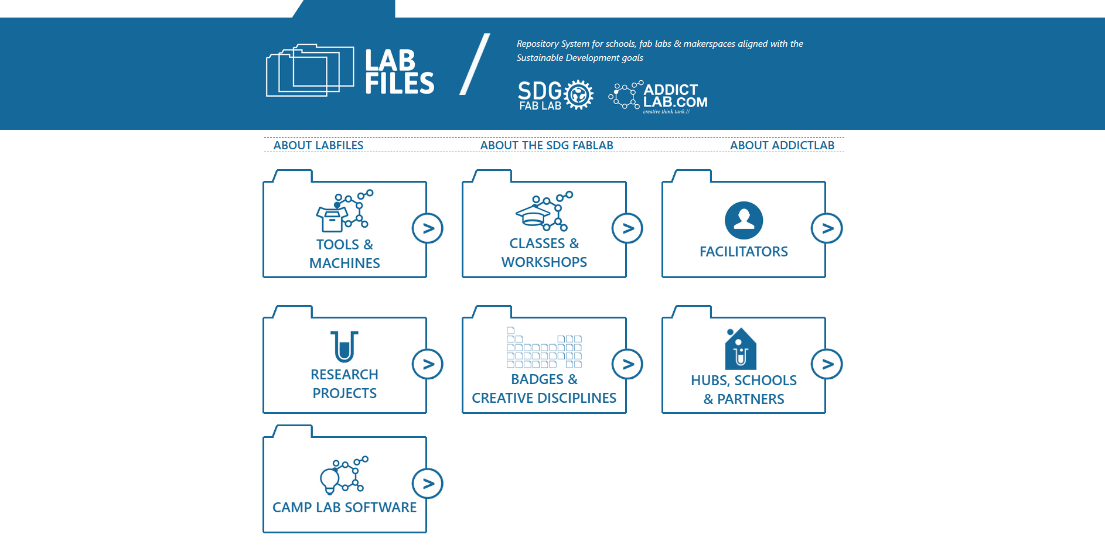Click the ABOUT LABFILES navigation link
click(x=318, y=145)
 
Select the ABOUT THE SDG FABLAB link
click(x=547, y=145)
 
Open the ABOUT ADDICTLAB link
click(x=782, y=145)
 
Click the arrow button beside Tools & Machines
click(x=428, y=228)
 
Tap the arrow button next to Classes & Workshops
click(x=627, y=228)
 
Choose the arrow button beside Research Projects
click(x=428, y=364)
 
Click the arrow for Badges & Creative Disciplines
click(x=627, y=364)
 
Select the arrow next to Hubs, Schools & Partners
click(x=827, y=364)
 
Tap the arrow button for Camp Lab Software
click(x=428, y=484)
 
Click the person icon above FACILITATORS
click(x=744, y=220)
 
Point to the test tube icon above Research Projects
click(x=345, y=347)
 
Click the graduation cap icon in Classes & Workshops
click(x=533, y=215)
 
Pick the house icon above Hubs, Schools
click(x=741, y=350)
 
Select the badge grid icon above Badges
click(x=544, y=348)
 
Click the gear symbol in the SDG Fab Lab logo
click(x=579, y=95)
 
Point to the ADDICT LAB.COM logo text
click(x=675, y=96)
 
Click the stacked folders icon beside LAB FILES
click(x=310, y=70)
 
